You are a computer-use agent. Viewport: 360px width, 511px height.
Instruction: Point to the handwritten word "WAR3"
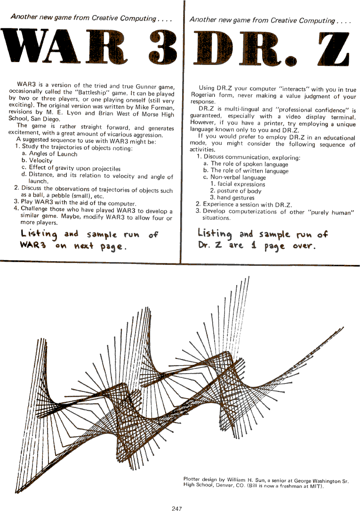pyautogui.click(x=32, y=246)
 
